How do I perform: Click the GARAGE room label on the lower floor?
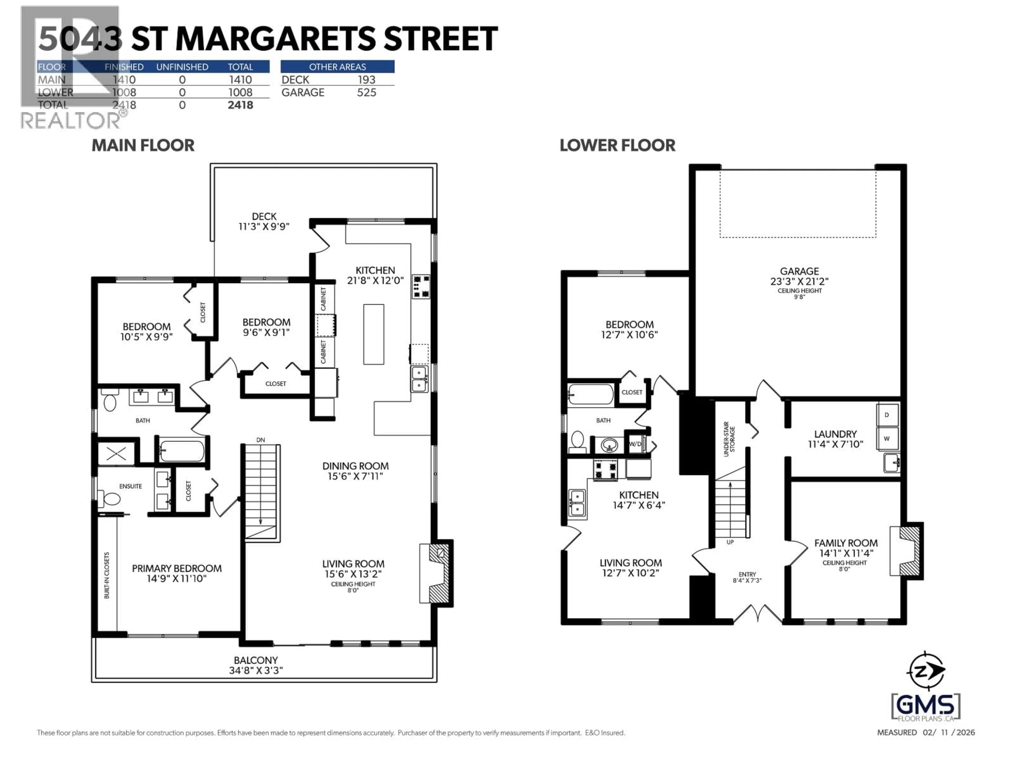[799, 271]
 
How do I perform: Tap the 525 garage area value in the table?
[366, 93]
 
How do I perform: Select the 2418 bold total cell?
[240, 105]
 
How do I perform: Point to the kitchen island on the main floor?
[374, 334]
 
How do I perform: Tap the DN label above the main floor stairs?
[261, 440]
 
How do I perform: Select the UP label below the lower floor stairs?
[730, 542]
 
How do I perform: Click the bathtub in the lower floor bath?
[590, 394]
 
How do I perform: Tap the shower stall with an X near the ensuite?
[116, 454]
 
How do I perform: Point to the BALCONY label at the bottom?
[256, 660]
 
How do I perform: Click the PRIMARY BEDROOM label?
[177, 568]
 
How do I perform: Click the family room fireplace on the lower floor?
[905, 551]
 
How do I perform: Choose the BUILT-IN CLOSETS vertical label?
[107, 575]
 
